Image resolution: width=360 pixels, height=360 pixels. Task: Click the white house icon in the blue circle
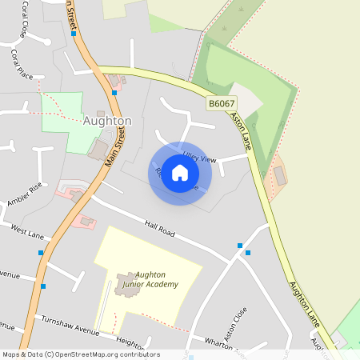(x=180, y=173)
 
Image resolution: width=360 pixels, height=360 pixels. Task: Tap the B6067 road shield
(x=221, y=104)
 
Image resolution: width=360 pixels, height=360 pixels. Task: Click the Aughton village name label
(x=107, y=121)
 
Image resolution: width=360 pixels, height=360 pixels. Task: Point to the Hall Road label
(x=159, y=229)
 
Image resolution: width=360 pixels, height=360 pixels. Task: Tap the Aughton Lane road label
(x=305, y=304)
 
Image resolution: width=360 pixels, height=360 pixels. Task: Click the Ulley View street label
(x=199, y=159)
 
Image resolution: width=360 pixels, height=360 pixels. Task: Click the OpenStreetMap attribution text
(x=80, y=354)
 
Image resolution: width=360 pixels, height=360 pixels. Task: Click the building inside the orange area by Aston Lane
(x=280, y=175)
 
